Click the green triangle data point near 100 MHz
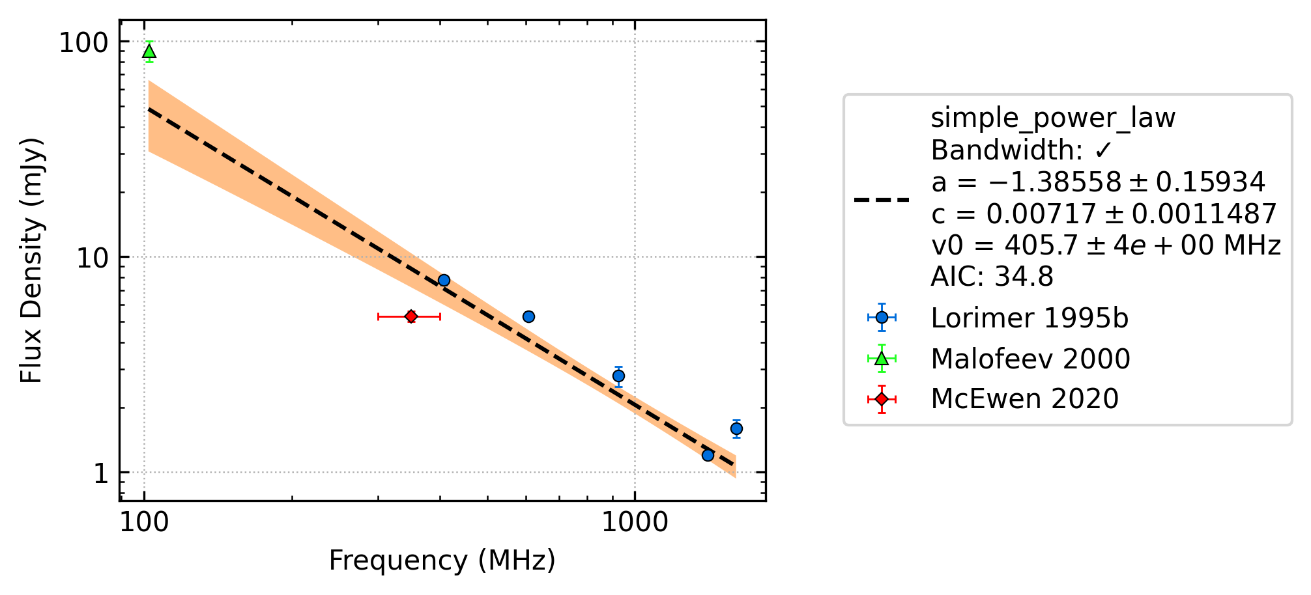pos(149,51)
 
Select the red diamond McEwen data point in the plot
pos(411,316)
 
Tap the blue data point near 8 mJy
pos(444,281)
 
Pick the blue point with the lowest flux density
pos(708,455)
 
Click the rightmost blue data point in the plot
pos(736,428)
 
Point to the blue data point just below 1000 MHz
pos(618,376)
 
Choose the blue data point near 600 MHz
pos(528,317)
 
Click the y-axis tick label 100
pos(83,43)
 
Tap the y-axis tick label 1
pos(100,474)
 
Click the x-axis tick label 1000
pos(635,523)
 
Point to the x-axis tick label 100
pos(144,523)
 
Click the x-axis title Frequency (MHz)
pos(442,560)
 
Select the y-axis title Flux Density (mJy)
pos(31,260)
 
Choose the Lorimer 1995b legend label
pos(1030,318)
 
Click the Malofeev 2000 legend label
pos(1030,359)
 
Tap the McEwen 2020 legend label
pos(1024,399)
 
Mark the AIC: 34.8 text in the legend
pos(992,277)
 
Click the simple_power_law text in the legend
pos(1053,118)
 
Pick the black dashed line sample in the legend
pos(882,200)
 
